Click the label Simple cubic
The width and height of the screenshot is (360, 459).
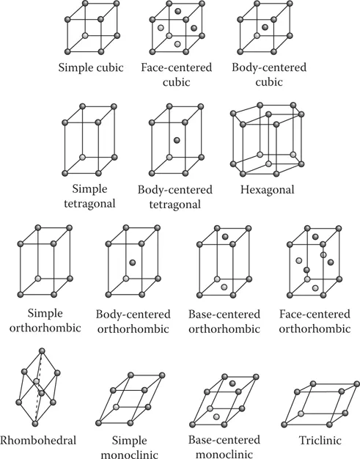91,67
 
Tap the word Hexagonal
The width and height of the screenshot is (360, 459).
267,190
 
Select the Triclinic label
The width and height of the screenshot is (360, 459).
320,440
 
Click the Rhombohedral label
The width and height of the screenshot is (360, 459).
38,440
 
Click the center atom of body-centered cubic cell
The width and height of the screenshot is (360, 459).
265,27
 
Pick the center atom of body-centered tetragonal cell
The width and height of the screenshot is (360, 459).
177,140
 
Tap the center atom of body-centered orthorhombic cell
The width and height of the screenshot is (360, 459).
132,262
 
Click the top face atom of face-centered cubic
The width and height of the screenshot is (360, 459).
177,12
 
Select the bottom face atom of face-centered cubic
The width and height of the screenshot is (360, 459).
177,44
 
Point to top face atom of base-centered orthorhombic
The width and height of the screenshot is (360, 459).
225,237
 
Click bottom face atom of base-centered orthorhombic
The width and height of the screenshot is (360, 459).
224,287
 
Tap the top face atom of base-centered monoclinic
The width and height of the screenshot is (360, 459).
232,383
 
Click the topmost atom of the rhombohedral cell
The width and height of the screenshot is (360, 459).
42,350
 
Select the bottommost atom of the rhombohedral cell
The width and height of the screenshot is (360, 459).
35,424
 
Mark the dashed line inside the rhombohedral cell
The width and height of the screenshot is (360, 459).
38,387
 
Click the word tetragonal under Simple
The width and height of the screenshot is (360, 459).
89,203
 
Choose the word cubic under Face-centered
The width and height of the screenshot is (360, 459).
176,81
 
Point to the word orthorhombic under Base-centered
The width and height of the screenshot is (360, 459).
224,328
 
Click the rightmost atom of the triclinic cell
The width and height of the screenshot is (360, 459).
357,383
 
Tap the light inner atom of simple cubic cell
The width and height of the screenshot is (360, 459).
85,36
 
